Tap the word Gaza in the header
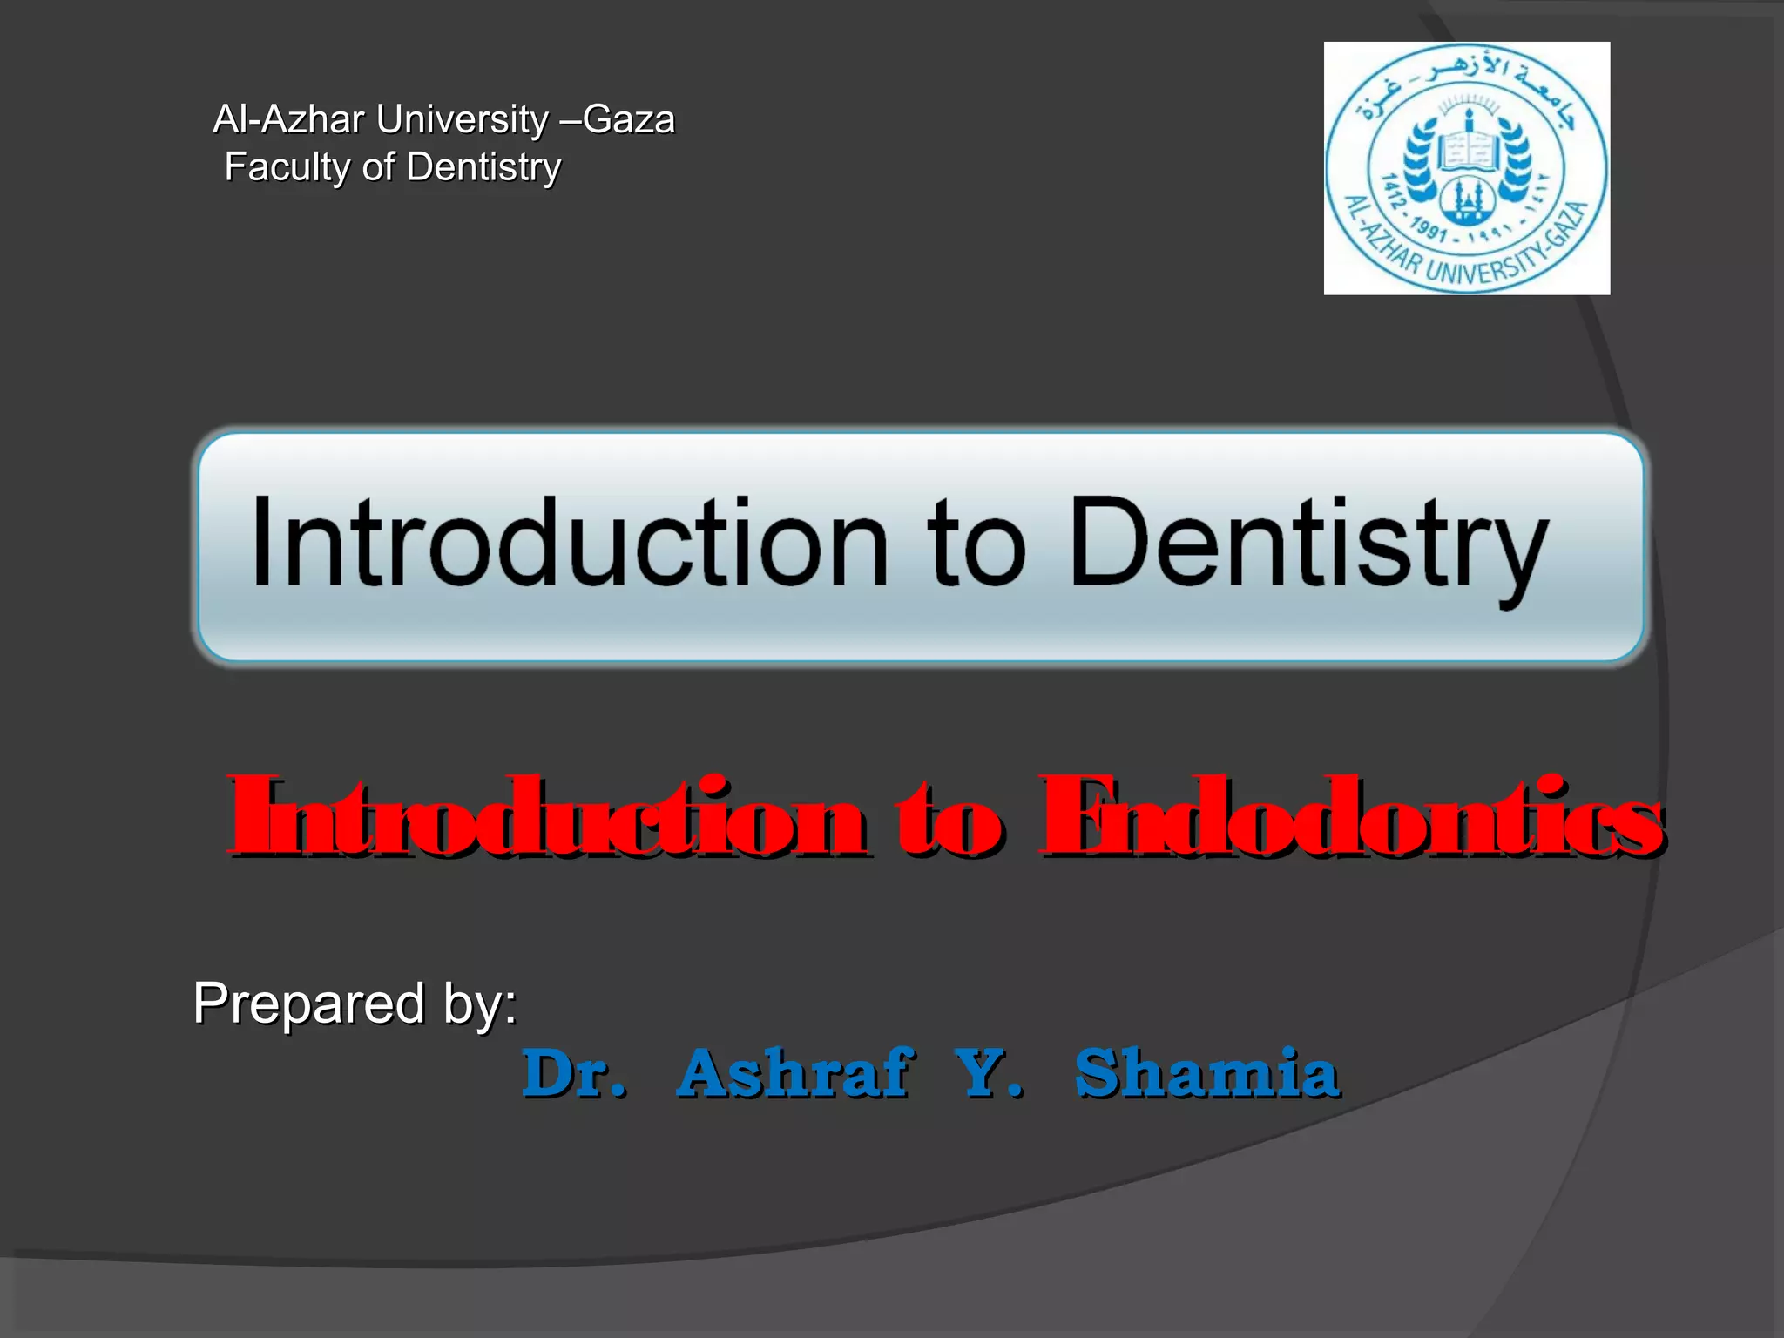[x=628, y=119]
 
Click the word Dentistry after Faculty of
[x=483, y=167]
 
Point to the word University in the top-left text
[x=462, y=119]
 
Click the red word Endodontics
[x=1350, y=817]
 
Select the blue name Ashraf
[x=794, y=1073]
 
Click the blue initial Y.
[x=988, y=1073]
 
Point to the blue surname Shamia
[x=1206, y=1073]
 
